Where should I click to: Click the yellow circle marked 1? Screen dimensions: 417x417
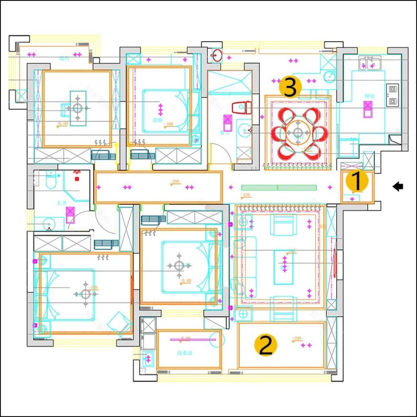pyautogui.click(x=357, y=181)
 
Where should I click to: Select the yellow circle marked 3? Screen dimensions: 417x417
pyautogui.click(x=290, y=87)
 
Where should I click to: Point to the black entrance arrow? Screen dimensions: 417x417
pyautogui.click(x=398, y=187)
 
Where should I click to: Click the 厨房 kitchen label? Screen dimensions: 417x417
pyautogui.click(x=370, y=96)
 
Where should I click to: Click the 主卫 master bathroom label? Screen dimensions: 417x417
pyautogui.click(x=62, y=203)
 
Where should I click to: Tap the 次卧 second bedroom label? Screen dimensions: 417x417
pyautogui.click(x=156, y=119)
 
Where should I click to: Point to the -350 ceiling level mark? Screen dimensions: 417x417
pyautogui.click(x=245, y=195)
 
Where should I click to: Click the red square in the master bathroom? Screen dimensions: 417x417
pyautogui.click(x=76, y=179)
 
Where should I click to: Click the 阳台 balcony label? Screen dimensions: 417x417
pyautogui.click(x=65, y=59)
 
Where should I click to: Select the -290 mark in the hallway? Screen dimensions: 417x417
pyautogui.click(x=175, y=181)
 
